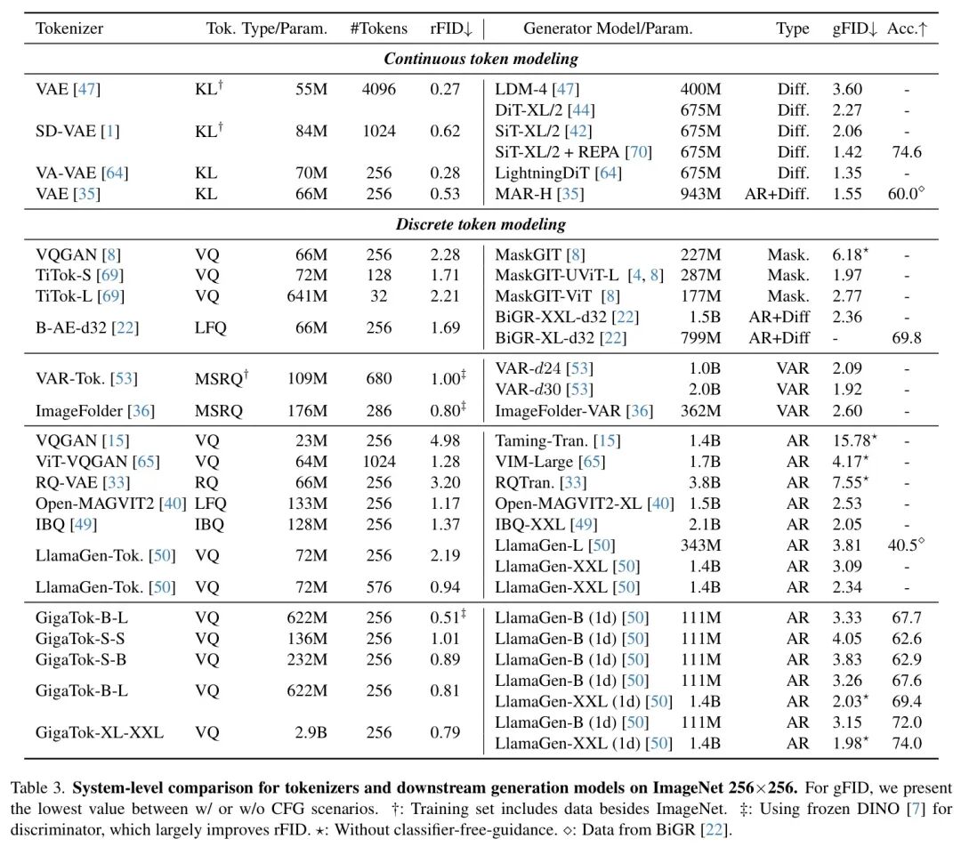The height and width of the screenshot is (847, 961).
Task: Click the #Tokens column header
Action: coord(378,28)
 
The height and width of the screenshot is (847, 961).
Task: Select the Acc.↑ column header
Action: coord(907,28)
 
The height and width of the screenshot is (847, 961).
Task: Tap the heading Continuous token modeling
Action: coord(480,59)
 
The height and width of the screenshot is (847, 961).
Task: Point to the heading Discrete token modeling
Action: coord(480,224)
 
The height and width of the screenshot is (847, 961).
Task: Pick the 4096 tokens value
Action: coord(378,89)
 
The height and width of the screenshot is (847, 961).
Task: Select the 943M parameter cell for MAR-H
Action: coord(700,193)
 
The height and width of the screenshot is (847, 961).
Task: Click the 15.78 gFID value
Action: coord(850,441)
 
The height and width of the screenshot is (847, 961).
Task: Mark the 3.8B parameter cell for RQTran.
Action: coord(703,483)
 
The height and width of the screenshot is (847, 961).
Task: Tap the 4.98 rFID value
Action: coord(444,441)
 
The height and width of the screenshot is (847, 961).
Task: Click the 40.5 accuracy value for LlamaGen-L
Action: coord(904,545)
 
